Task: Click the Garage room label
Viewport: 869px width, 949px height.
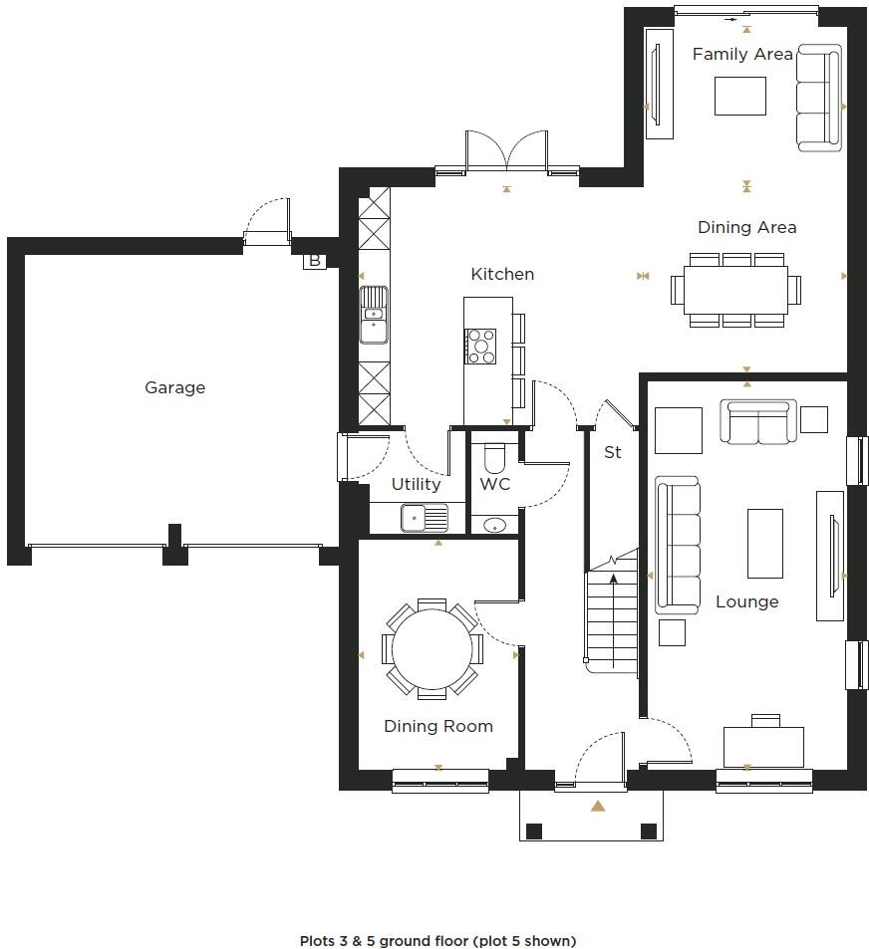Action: coord(174,387)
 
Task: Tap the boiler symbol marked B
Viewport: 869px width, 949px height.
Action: coord(315,261)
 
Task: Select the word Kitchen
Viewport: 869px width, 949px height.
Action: coord(502,274)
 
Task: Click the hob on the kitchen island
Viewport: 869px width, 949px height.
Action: coord(481,346)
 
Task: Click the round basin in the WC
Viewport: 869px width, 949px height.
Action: coord(492,525)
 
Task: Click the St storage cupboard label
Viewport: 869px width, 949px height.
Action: coord(612,452)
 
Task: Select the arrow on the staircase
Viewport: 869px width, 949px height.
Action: coord(613,580)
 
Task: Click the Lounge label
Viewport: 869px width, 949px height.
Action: coord(746,601)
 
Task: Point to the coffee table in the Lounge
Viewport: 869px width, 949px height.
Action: coord(764,543)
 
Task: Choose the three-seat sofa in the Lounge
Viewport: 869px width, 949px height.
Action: coord(677,545)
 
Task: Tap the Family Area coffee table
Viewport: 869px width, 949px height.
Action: coord(739,96)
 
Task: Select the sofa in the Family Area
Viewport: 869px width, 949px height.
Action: coord(819,98)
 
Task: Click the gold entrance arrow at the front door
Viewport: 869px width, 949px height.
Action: coord(597,806)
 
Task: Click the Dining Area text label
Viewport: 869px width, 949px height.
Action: coord(746,227)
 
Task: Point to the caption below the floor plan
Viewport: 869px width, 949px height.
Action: coord(437,940)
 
